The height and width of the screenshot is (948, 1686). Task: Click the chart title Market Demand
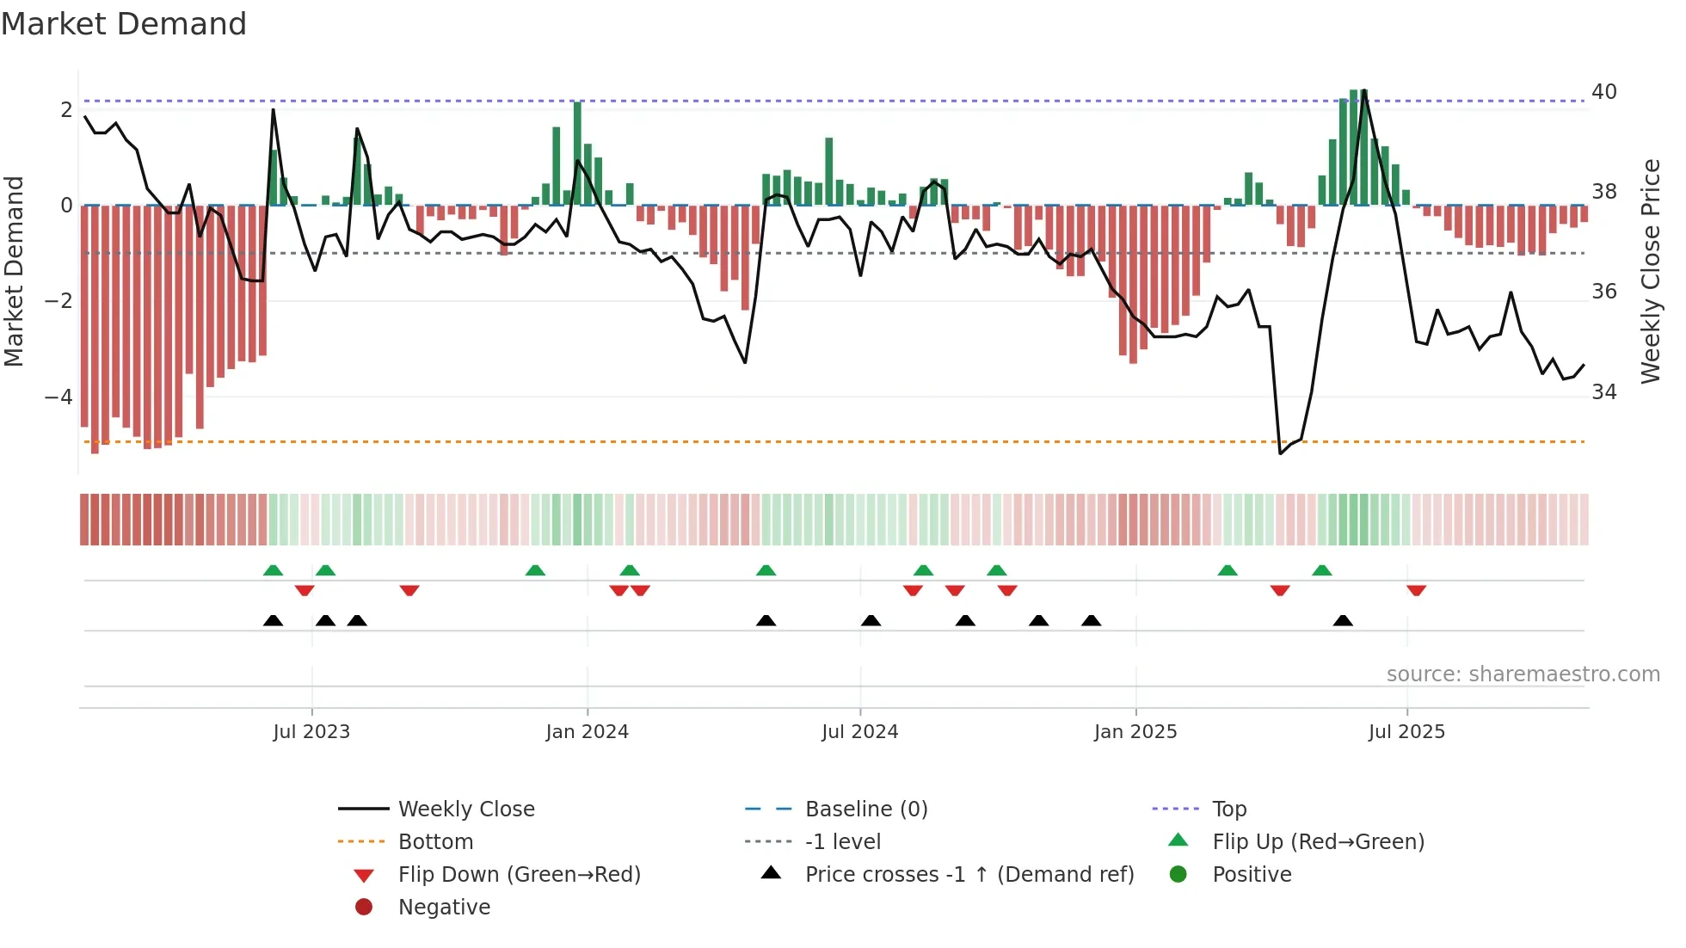tap(124, 24)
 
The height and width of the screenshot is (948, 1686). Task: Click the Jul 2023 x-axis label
tap(311, 732)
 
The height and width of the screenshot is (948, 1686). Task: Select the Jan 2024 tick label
tap(587, 732)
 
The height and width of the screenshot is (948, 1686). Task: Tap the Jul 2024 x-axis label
tap(859, 732)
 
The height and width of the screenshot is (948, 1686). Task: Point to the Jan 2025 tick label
tap(1135, 732)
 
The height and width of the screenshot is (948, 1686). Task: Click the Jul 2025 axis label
tap(1406, 732)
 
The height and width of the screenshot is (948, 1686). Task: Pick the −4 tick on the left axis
tap(58, 397)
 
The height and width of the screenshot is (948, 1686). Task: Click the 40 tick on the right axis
tap(1604, 92)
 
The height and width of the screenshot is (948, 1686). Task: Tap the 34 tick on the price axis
tap(1604, 392)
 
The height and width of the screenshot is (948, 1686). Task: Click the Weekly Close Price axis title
tap(1651, 271)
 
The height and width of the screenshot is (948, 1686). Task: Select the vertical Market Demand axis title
tap(14, 271)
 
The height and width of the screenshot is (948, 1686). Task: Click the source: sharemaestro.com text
tap(1523, 674)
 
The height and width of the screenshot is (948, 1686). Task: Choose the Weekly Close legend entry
tap(466, 809)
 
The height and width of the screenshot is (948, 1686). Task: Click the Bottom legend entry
tap(435, 842)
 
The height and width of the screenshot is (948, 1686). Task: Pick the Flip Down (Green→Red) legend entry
tap(519, 875)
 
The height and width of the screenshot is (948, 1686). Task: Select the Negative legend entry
tap(444, 908)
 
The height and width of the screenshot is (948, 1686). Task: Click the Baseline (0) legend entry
tap(866, 809)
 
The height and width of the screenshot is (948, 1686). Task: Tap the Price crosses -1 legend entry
tap(969, 875)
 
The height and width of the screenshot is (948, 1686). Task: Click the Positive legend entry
tap(1252, 875)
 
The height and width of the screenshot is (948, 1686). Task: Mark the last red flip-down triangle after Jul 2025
tap(1417, 590)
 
